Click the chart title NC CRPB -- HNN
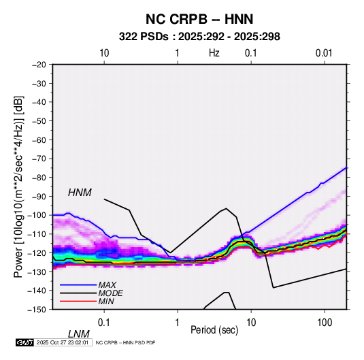199,19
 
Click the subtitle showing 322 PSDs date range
199,37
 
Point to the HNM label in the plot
80,193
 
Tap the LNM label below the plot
78,334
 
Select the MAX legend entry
107,285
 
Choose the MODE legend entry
110,293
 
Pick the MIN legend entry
106,301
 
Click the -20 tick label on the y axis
39,65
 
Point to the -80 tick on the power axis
39,178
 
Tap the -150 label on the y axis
37,310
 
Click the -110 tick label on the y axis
37,234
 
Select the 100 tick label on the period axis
325,323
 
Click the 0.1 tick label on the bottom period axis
104,323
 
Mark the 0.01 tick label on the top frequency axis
324,53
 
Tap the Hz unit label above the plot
214,53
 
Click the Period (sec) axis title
214,330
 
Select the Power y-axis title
18,186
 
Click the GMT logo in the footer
25,342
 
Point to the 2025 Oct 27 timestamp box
63,342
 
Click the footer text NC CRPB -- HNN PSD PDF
125,342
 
